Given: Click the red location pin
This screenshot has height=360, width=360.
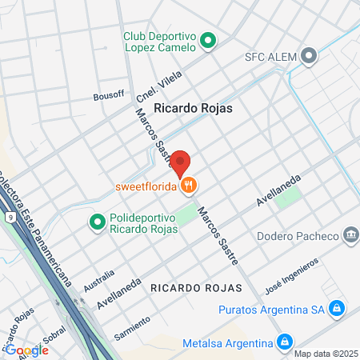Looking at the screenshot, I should click(180, 163).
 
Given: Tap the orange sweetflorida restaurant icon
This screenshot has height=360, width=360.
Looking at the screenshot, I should click(189, 186).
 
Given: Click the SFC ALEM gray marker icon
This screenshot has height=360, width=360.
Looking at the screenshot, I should click(311, 55).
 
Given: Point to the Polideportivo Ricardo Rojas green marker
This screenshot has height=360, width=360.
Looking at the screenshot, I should click(98, 220).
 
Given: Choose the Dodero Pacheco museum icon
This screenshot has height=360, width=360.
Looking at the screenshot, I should click(350, 235).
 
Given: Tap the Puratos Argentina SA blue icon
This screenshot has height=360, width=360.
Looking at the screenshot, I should click(337, 308).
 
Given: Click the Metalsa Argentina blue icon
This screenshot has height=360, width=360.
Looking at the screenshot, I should click(283, 342).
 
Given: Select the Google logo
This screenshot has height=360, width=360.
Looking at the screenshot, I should click(26, 350).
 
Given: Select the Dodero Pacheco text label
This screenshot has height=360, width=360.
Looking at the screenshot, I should click(299, 236).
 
